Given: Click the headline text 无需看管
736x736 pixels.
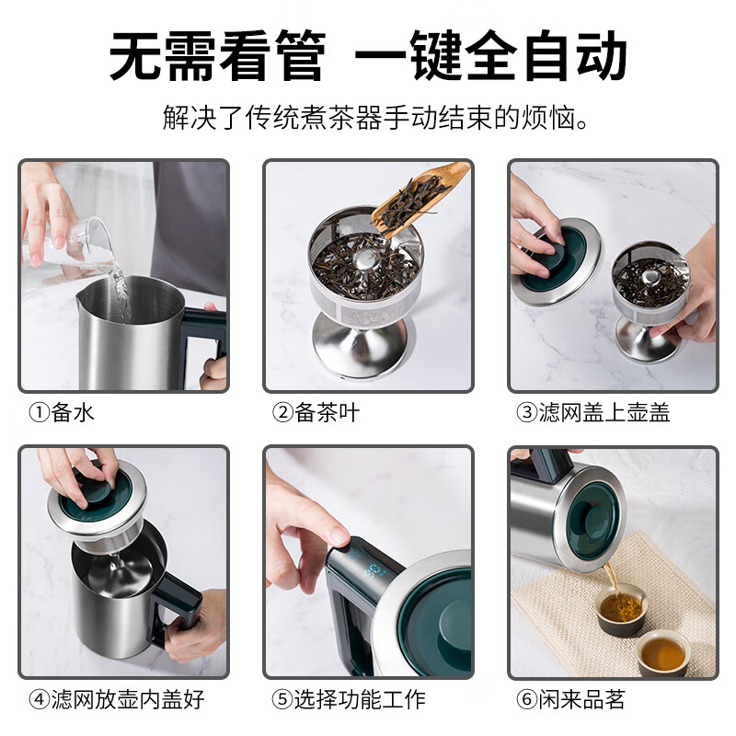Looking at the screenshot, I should tap(217, 56).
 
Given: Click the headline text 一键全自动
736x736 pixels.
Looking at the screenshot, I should tap(491, 56).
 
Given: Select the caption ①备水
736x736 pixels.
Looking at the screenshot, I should tap(62, 413).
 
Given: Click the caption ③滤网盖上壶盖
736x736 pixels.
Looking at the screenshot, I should tap(593, 413).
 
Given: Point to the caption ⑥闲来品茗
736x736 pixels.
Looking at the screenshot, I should tap(571, 698).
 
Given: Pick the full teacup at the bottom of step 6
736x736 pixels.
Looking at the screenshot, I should tap(663, 654).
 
